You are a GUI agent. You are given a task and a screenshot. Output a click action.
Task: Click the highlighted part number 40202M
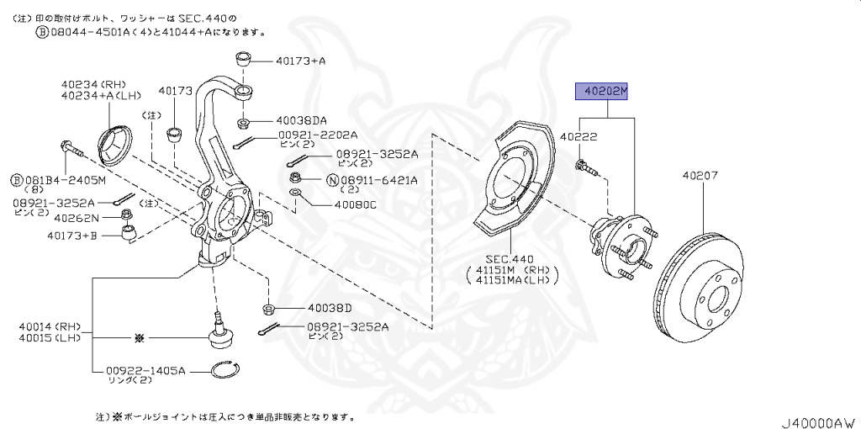[601, 91]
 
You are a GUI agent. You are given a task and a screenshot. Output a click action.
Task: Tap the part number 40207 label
[700, 176]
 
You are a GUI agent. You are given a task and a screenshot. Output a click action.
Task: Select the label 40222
[578, 136]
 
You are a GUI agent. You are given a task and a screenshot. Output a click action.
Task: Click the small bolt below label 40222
[587, 168]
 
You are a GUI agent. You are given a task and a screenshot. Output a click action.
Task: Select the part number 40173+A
[300, 61]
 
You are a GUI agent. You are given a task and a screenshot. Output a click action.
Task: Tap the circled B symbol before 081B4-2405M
[15, 179]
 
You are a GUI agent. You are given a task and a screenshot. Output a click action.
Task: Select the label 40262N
[72, 217]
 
